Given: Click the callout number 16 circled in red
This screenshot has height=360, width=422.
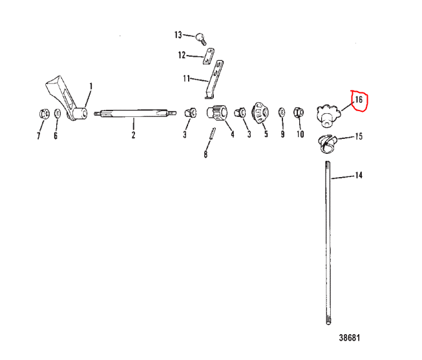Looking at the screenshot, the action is [359, 100].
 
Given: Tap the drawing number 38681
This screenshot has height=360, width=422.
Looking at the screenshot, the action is [350, 337].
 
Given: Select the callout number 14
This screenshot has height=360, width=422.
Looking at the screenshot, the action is [359, 175].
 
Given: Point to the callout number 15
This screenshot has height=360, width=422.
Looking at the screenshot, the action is [359, 136].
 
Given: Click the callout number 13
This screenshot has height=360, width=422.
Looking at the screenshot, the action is [178, 35].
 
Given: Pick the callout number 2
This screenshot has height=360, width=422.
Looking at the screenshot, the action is [134, 134].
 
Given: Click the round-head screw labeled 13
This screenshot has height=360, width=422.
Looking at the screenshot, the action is [201, 39].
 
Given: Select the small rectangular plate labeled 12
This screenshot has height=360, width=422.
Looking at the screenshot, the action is [208, 56].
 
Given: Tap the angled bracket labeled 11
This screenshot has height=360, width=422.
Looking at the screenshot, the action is [215, 79].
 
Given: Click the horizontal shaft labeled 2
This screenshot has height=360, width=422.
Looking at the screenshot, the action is [135, 113].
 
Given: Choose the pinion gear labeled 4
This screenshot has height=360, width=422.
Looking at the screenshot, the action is [217, 113].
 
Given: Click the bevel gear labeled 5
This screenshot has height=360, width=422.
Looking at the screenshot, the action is [260, 113].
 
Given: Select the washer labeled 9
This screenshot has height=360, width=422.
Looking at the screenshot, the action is [282, 112].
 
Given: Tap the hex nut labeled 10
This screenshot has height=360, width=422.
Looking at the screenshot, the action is [299, 112].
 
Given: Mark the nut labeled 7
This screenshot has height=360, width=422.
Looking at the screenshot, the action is [44, 113].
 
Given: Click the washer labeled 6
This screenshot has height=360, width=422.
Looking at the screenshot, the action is [58, 113].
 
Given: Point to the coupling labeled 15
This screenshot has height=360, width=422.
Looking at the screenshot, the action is [327, 144].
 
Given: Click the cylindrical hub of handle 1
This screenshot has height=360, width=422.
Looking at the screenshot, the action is [81, 113].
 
